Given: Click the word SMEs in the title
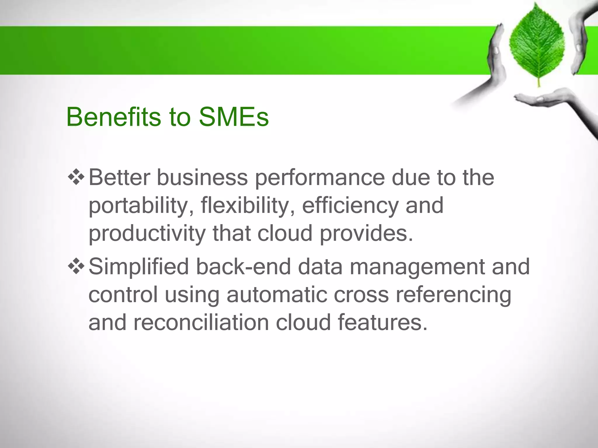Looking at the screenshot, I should pyautogui.click(x=234, y=117).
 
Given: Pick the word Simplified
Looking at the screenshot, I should pyautogui.click(x=139, y=267).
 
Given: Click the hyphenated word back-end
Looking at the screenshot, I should pyautogui.click(x=243, y=267).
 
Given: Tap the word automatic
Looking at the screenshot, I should pyautogui.click(x=277, y=295).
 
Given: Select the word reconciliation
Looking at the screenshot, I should pyautogui.click(x=201, y=323).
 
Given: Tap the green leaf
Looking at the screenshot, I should pyautogui.click(x=537, y=44).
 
